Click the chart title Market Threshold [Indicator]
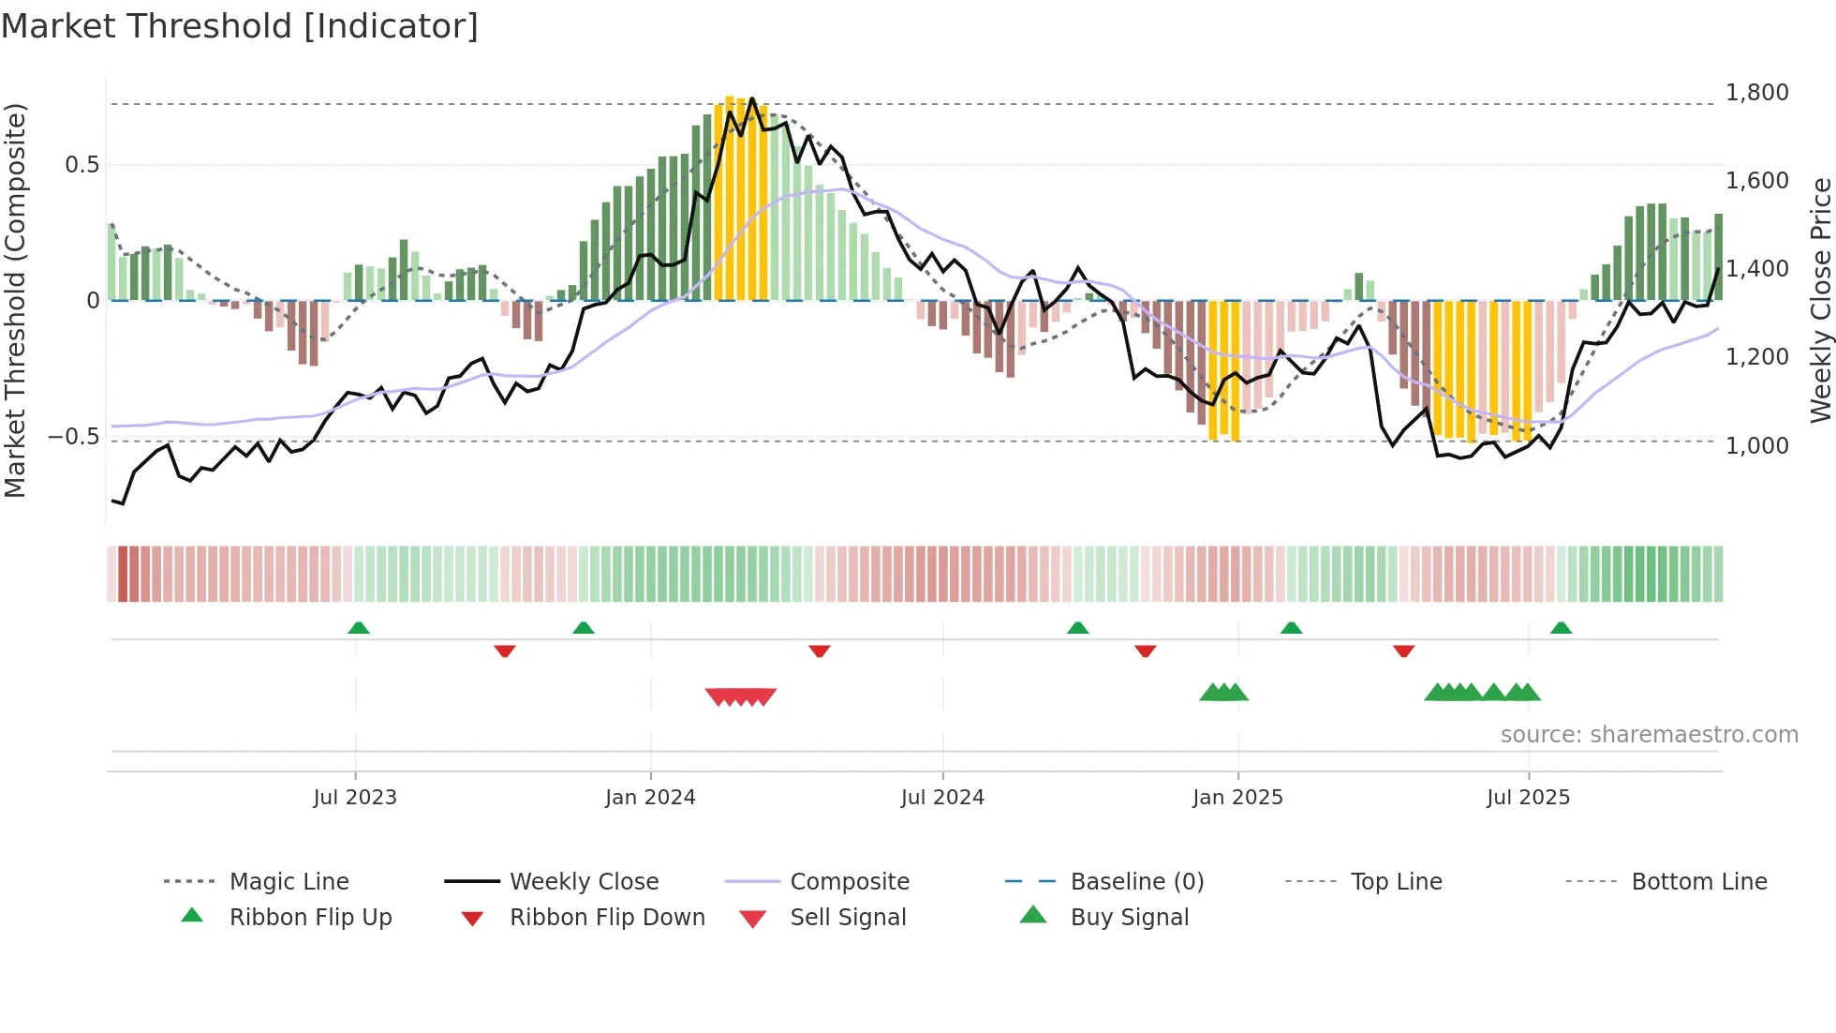tap(240, 26)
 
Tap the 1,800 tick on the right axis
tap(1756, 93)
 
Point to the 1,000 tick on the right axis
tap(1756, 446)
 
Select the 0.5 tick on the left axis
tap(82, 165)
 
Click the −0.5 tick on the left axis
tap(74, 437)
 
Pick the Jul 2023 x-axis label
tap(355, 798)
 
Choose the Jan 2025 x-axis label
tap(1237, 798)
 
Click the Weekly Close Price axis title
tap(1820, 300)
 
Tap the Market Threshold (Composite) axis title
tap(15, 300)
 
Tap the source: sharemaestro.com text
tap(1649, 735)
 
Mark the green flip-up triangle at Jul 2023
tap(359, 628)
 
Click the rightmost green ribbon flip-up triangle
tap(1561, 628)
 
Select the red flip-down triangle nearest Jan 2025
tap(1145, 651)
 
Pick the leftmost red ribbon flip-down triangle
tap(505, 651)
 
